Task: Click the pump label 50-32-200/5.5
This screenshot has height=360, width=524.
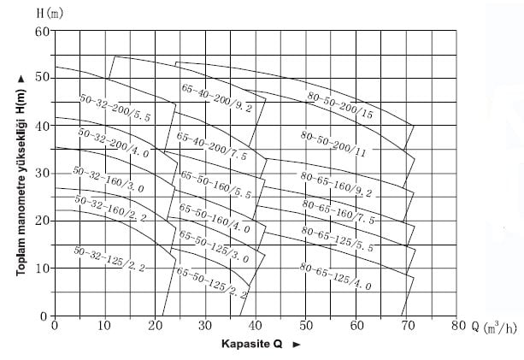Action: coord(115,108)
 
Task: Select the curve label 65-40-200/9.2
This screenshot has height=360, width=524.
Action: coord(216,98)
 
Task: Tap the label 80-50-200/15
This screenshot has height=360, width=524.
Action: coord(340,105)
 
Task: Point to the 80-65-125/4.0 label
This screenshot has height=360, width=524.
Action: coord(335,276)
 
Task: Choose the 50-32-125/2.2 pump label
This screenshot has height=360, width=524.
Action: coord(109,259)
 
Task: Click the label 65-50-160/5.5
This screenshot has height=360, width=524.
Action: coord(215,185)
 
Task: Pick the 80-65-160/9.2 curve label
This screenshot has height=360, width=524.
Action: coord(336,185)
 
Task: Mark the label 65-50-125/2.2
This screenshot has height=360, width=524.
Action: coord(212,283)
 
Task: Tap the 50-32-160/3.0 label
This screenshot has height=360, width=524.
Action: coord(109,180)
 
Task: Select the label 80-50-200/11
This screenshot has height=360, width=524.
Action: coord(333,145)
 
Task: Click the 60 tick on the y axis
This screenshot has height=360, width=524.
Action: coord(42,32)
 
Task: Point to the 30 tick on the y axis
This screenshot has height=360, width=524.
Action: coord(42,174)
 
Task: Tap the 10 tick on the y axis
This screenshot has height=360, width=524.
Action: coord(42,269)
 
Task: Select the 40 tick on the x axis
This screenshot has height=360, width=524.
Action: coord(256,325)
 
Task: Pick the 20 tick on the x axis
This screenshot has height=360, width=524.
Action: coord(155,325)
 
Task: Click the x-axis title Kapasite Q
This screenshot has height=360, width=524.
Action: coord(252,344)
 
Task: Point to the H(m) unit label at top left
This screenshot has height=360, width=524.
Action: coord(50,14)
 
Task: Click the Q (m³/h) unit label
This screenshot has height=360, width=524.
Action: coord(494,327)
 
